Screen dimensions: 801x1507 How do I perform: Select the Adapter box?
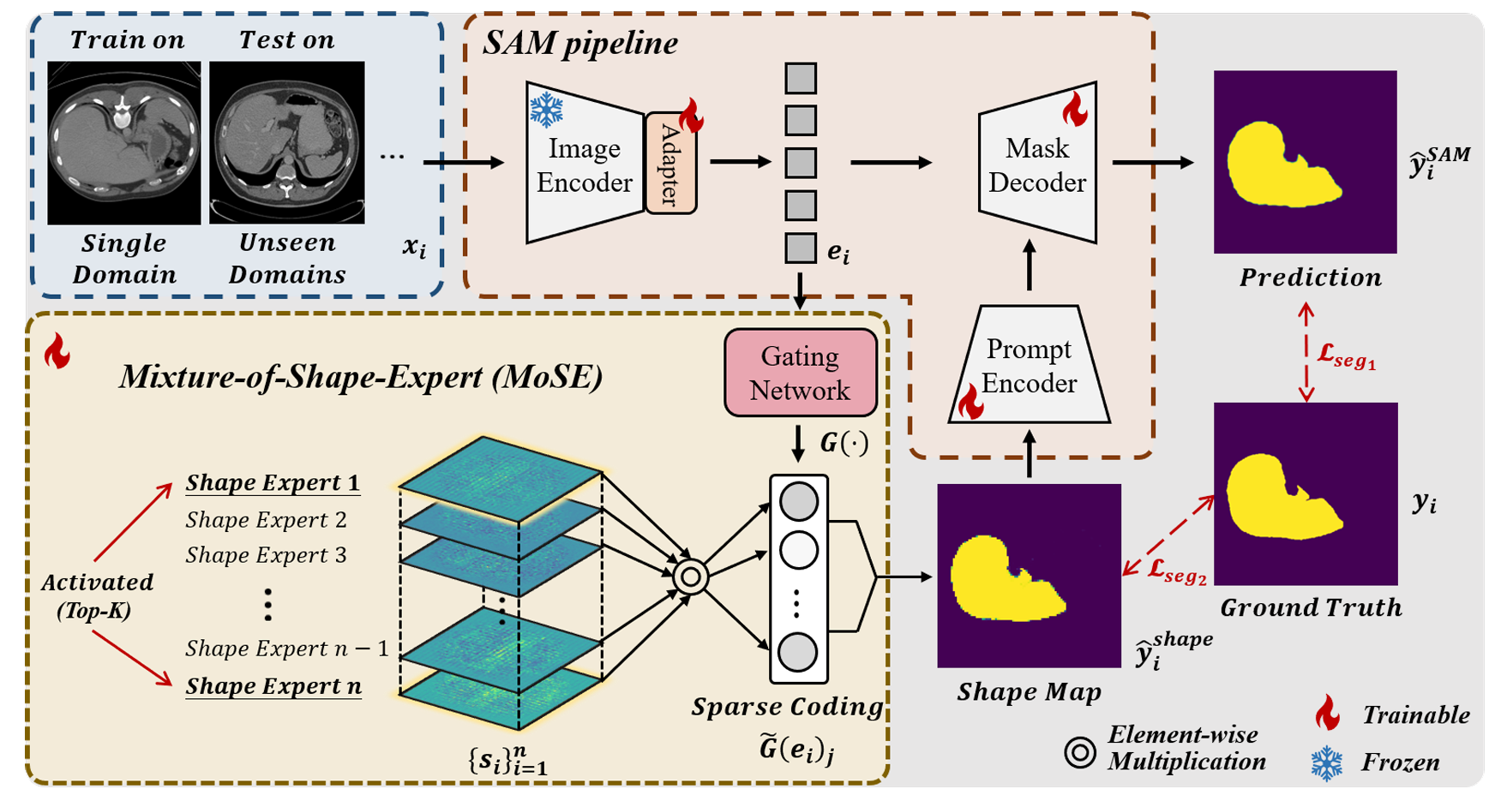(670, 164)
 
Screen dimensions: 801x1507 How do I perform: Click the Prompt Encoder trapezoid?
(1029, 366)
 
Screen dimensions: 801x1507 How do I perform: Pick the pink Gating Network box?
(800, 374)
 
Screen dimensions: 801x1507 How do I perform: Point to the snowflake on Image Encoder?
(546, 110)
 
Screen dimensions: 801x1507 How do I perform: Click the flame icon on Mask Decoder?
(1075, 109)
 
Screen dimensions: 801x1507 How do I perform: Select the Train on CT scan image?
(124, 142)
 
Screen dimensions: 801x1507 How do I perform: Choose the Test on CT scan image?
(287, 142)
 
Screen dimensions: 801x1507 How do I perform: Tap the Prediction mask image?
(1305, 162)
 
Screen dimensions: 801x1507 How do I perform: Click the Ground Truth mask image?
(1306, 493)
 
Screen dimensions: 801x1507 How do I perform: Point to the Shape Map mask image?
(1029, 576)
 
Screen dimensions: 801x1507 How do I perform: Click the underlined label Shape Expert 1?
(273, 483)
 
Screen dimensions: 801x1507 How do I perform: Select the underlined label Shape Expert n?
(273, 687)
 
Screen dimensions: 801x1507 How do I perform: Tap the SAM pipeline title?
(580, 44)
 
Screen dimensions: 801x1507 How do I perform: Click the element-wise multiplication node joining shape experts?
(690, 577)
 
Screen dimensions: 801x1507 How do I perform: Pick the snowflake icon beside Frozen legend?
(1327, 762)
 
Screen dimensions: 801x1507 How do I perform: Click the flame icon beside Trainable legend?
(1328, 714)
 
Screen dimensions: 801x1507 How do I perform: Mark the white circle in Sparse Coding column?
(798, 551)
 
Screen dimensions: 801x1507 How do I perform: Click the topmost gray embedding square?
(801, 79)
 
